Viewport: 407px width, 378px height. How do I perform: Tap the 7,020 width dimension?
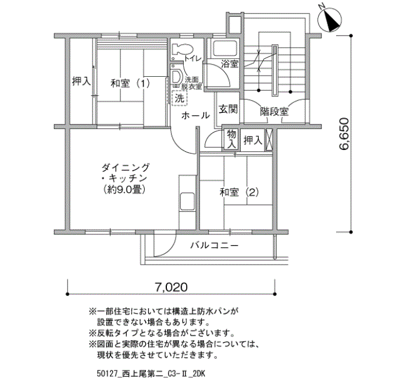[171, 287]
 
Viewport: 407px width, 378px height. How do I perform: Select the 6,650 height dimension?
[344, 134]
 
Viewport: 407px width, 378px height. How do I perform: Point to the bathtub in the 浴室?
[226, 49]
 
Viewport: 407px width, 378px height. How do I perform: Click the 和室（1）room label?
[130, 84]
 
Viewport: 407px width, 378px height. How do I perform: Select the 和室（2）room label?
[240, 192]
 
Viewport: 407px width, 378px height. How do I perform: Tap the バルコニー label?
[215, 245]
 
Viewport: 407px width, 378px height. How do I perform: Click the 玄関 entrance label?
[228, 109]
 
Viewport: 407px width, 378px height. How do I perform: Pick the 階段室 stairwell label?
[274, 112]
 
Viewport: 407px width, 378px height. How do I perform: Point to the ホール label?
[196, 116]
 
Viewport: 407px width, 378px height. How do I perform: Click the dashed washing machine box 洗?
[179, 98]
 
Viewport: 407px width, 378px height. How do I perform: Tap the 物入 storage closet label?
[231, 140]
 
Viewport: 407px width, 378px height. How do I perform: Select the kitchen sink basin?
[187, 201]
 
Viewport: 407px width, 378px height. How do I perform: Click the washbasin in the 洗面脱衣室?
[177, 76]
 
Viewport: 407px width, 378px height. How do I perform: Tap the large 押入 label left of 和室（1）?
[81, 81]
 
